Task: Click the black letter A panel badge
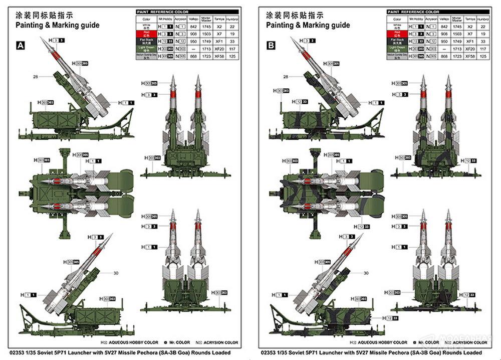21,46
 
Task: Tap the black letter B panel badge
271,46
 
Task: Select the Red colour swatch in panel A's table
146,34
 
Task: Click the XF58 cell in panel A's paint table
219,57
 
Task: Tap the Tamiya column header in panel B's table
470,19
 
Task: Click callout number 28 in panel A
36,77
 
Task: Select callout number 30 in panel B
366,273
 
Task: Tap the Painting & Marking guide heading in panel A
57,25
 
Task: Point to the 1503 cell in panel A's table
205,34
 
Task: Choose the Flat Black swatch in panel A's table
146,42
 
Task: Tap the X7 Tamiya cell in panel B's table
470,34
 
